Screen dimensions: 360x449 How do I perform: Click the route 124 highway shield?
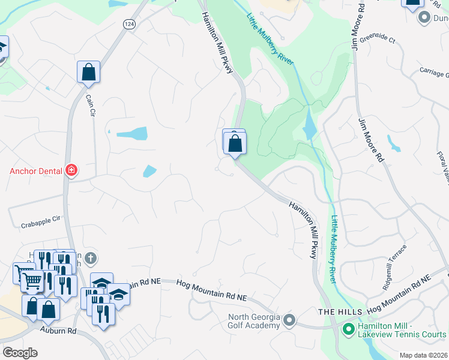pyautogui.click(x=129, y=23)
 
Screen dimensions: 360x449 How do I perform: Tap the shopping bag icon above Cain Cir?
pyautogui.click(x=88, y=73)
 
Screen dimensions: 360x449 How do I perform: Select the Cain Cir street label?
pyautogui.click(x=91, y=104)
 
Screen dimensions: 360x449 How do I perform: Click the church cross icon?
pyautogui.click(x=91, y=258)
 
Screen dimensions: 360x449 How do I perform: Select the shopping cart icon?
pyautogui.click(x=32, y=280)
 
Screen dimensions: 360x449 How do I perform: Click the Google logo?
pyautogui.click(x=20, y=353)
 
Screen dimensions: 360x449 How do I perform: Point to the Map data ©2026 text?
pyautogui.click(x=423, y=355)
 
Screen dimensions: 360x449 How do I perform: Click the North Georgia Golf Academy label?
pyautogui.click(x=253, y=321)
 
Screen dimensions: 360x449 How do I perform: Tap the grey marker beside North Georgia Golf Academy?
pyautogui.click(x=289, y=320)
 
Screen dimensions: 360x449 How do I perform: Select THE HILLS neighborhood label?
pyautogui.click(x=340, y=312)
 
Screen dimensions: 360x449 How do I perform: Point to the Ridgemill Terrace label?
pyautogui.click(x=395, y=259)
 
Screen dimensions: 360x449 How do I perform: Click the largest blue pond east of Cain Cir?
pyautogui.click(x=132, y=133)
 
